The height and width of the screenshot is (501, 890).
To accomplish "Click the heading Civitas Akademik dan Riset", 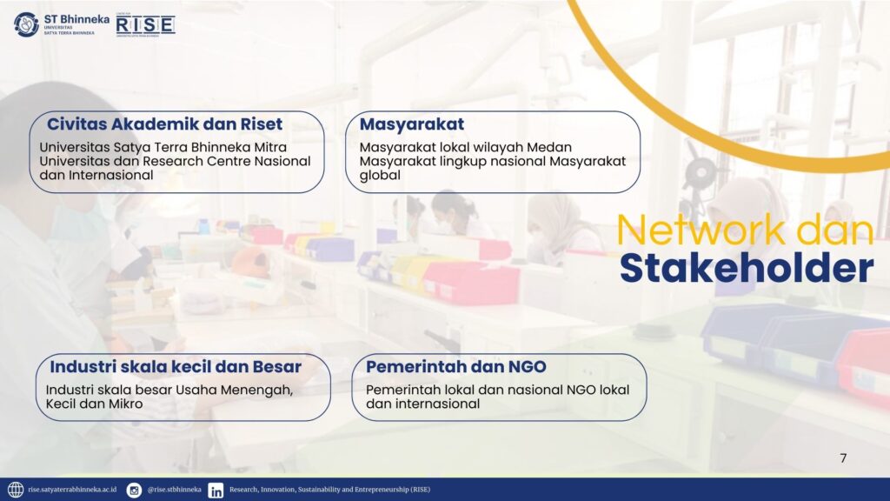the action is pyautogui.click(x=164, y=124).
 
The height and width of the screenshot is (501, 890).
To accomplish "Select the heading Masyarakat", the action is pyautogui.click(x=411, y=124).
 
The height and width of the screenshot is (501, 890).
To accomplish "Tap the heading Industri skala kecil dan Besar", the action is pyautogui.click(x=176, y=367).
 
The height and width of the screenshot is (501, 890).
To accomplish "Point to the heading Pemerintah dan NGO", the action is pyautogui.click(x=455, y=367).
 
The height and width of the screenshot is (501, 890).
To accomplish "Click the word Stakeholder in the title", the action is pyautogui.click(x=747, y=268).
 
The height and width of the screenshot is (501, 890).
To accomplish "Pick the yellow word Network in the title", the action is pyautogui.click(x=702, y=230).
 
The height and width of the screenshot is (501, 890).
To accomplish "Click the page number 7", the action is pyautogui.click(x=843, y=458).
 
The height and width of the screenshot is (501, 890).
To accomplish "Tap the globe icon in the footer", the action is pyautogui.click(x=16, y=490).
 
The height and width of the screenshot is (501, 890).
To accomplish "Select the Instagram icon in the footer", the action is pyautogui.click(x=134, y=490).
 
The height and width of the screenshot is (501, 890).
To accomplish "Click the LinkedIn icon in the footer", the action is pyautogui.click(x=216, y=491).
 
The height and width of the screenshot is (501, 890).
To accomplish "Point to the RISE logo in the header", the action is pyautogui.click(x=145, y=25).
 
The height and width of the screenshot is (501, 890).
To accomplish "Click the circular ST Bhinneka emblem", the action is pyautogui.click(x=26, y=24).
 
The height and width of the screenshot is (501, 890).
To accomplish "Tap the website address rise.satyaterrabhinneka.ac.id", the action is pyautogui.click(x=72, y=490).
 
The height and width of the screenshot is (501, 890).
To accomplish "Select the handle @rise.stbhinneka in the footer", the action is pyautogui.click(x=174, y=490).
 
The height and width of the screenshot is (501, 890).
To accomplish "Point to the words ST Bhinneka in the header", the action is pyautogui.click(x=76, y=19).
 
